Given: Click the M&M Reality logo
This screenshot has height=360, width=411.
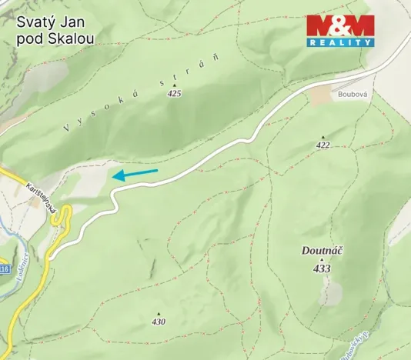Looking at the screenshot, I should [x=340, y=31].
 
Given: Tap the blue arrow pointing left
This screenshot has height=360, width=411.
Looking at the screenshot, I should [x=135, y=174].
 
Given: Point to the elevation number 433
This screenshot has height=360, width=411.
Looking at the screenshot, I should [x=322, y=268].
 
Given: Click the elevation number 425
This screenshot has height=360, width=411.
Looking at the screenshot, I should [x=174, y=93].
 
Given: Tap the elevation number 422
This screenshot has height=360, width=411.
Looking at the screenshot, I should [x=322, y=145].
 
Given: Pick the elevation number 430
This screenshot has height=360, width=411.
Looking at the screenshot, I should [x=159, y=322].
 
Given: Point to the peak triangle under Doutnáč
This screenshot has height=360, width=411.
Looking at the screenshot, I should [x=322, y=260].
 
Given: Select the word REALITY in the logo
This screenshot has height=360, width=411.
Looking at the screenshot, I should [x=340, y=42].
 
